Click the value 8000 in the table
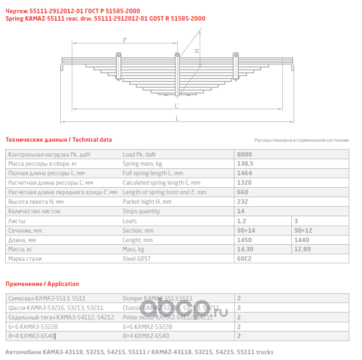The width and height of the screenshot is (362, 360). (x=244, y=154)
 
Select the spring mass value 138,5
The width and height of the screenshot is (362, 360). (x=245, y=163)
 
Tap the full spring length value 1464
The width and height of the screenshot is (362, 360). (x=244, y=173)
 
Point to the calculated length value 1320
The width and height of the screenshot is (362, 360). (x=244, y=183)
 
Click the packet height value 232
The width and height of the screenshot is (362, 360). (x=242, y=202)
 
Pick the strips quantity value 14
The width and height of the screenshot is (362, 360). (x=241, y=211)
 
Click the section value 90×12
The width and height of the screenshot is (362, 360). (x=303, y=230)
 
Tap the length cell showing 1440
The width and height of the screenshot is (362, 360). (x=301, y=240)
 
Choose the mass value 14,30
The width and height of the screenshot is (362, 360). (x=245, y=249)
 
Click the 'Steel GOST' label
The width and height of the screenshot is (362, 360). (x=137, y=259)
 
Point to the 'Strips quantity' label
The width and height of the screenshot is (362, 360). (x=141, y=211)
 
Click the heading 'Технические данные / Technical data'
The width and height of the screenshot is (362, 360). (x=58, y=140)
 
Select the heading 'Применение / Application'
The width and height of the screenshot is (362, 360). (x=42, y=284)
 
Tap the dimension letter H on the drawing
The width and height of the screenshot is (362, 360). (x=197, y=51)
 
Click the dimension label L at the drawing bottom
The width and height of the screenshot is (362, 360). (x=178, y=119)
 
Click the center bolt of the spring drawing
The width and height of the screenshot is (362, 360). (x=178, y=67)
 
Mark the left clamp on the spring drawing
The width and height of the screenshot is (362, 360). (x=119, y=65)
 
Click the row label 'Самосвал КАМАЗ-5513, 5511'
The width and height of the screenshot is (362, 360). (x=47, y=298)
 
